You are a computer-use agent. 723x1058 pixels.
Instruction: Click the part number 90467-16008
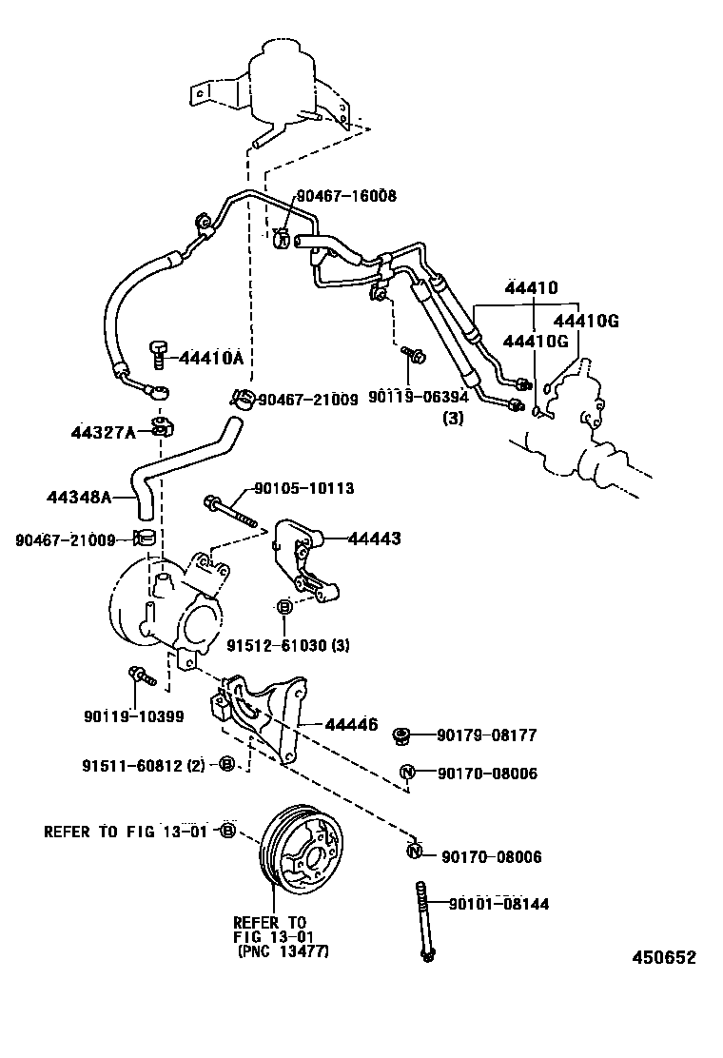(345, 196)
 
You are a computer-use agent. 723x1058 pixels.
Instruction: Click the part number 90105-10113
(303, 489)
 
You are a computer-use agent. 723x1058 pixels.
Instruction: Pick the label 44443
(374, 539)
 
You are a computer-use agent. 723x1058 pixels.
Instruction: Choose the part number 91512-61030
(277, 645)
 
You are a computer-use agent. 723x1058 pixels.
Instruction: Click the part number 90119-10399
(133, 716)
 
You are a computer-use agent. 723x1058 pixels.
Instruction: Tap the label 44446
(351, 724)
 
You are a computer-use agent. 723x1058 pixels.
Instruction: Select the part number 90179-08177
(487, 735)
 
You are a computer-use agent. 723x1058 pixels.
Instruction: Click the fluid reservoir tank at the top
(285, 81)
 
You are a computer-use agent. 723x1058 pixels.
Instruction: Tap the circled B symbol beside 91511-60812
(226, 764)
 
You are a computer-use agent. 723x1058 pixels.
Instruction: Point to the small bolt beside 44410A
(158, 354)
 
